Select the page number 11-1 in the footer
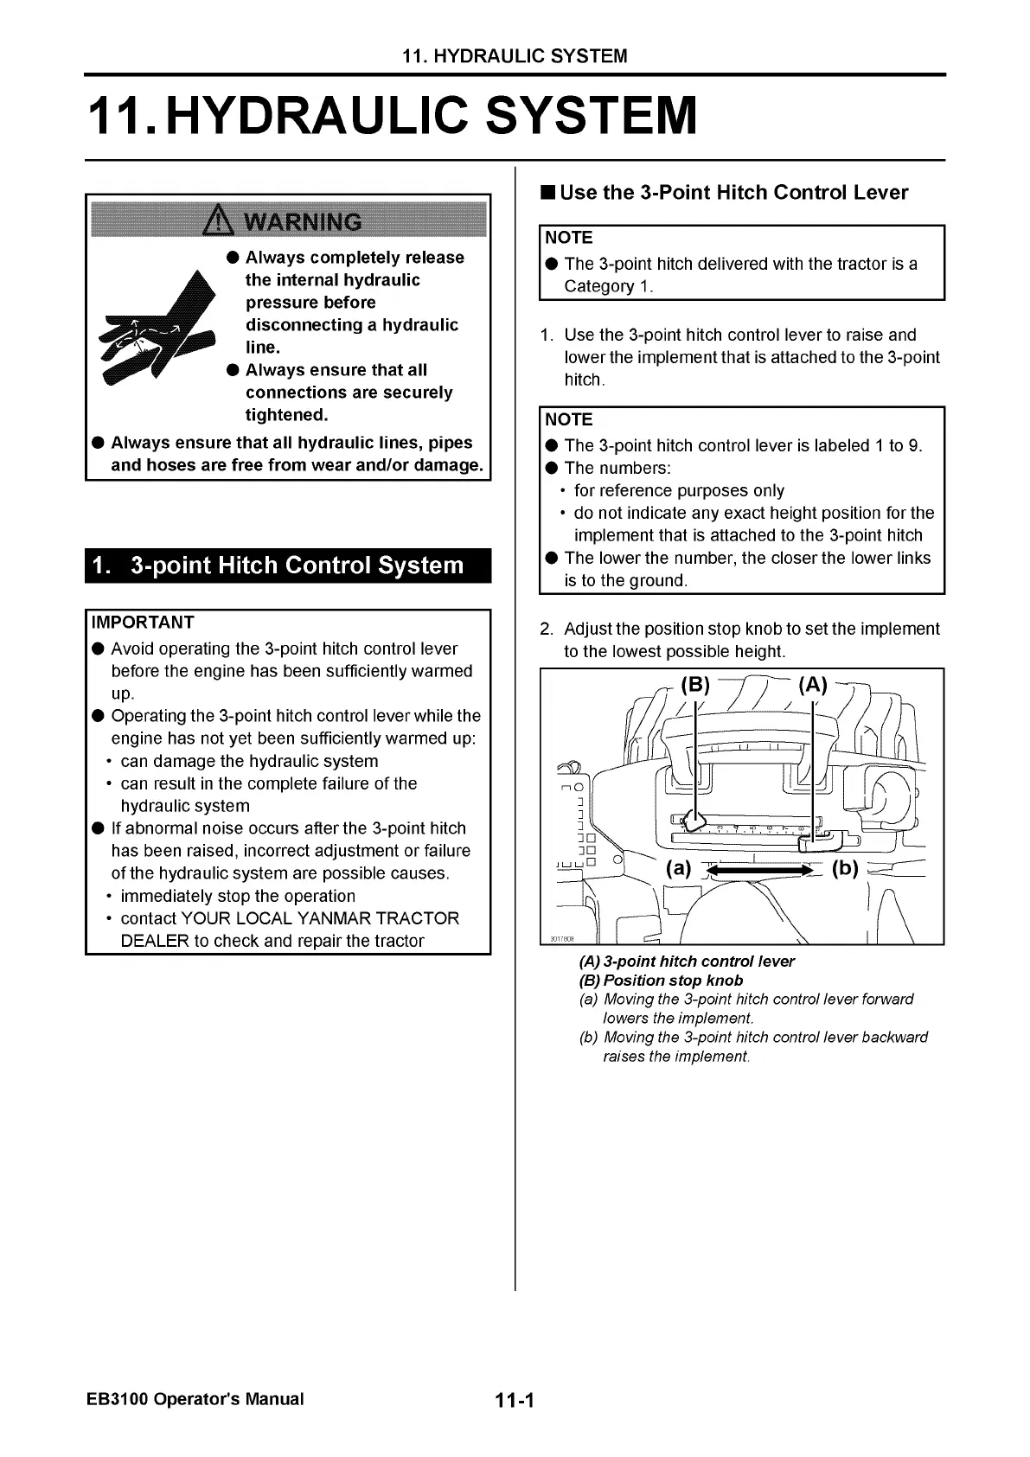[x=515, y=1400]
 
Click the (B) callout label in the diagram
[x=695, y=686]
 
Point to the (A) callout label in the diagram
[x=813, y=686]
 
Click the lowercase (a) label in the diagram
[x=678, y=868]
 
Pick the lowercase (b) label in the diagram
[x=845, y=868]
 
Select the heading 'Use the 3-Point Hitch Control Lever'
[x=733, y=193]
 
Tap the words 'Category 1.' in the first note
[x=609, y=286]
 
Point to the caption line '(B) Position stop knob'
[x=661, y=981]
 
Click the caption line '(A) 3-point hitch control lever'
[x=687, y=962]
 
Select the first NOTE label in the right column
[x=570, y=238]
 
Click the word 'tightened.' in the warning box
[x=287, y=415]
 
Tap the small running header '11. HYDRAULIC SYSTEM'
[x=515, y=57]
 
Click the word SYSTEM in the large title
[x=592, y=116]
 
